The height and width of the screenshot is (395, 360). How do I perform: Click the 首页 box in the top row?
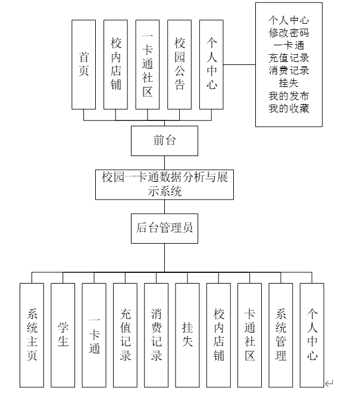pyautogui.click(x=84, y=64)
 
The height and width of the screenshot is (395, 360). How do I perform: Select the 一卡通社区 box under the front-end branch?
pyautogui.click(x=148, y=64)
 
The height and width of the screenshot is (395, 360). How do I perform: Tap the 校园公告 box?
pyautogui.click(x=180, y=64)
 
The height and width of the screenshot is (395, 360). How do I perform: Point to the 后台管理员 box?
pyautogui.click(x=164, y=228)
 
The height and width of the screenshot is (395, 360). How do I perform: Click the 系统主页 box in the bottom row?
pyautogui.click(x=32, y=335)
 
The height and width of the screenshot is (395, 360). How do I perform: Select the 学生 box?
pyautogui.click(x=63, y=335)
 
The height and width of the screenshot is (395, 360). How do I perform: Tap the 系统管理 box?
pyautogui.click(x=281, y=335)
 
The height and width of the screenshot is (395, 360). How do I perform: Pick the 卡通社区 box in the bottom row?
pyautogui.click(x=250, y=335)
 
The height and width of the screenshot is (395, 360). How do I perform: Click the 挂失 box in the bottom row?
pyautogui.click(x=187, y=335)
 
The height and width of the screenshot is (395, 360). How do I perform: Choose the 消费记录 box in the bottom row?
pyautogui.click(x=156, y=335)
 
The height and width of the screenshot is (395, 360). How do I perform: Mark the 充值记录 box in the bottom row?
pyautogui.click(x=126, y=335)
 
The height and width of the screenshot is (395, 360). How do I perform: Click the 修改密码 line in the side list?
pyautogui.click(x=289, y=34)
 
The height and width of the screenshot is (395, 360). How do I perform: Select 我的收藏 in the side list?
pyautogui.click(x=289, y=108)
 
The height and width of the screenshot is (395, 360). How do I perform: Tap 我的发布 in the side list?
pyautogui.click(x=289, y=95)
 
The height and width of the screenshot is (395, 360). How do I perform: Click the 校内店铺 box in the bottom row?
pyautogui.click(x=219, y=335)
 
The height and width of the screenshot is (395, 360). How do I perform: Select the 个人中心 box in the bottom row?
pyautogui.click(x=312, y=335)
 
